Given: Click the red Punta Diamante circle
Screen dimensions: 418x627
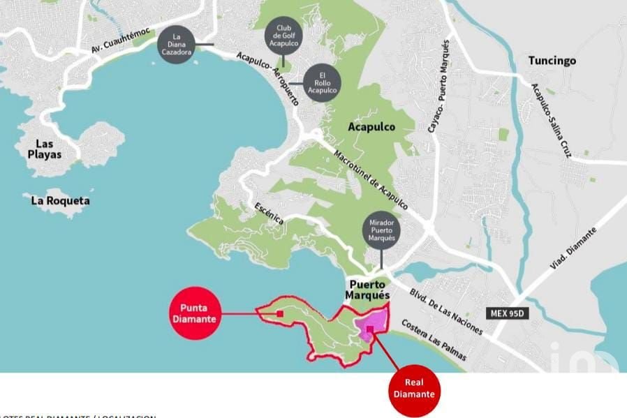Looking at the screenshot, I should click(x=195, y=313).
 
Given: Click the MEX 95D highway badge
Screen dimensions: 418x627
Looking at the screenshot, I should click(x=507, y=313).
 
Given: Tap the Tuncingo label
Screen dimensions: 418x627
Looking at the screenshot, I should click(x=552, y=61).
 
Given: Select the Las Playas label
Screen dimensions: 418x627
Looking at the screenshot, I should click(x=44, y=149).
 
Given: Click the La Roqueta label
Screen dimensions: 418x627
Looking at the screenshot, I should click(x=61, y=201).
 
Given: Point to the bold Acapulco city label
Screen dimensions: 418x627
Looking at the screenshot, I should click(x=371, y=127).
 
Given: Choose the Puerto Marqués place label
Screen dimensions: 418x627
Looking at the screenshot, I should click(x=367, y=290).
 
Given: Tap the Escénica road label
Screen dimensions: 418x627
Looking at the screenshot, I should click(x=270, y=212).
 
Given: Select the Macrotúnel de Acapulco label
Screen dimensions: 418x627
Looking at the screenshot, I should click(x=370, y=180).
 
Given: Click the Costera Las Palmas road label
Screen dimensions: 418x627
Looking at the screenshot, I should click(x=434, y=341).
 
